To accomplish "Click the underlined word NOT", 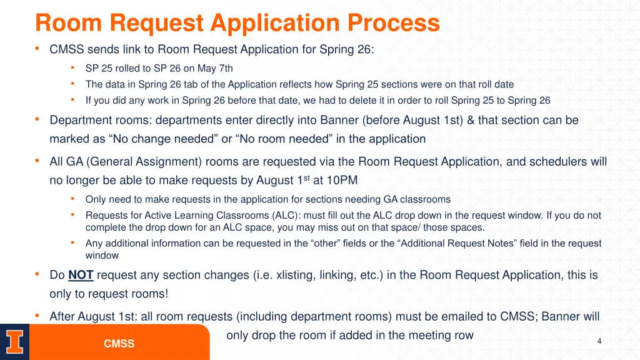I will coord(81,275).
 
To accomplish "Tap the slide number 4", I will coord(599,341).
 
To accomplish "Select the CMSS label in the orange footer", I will coord(119,344).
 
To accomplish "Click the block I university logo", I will coord(14,342).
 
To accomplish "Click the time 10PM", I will coord(342,181).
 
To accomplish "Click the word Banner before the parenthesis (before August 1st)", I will coord(339,120).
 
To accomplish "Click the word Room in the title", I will coord(69,24).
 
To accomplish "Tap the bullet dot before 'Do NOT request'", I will coord(38,274).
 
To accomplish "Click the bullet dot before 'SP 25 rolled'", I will coord(73,68).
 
